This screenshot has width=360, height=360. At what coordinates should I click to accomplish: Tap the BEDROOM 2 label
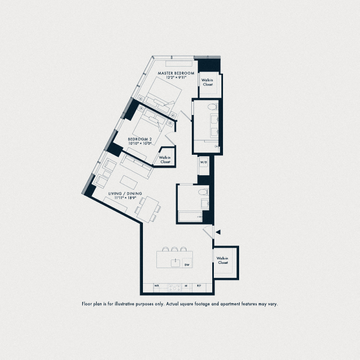pyautogui.click(x=140, y=139)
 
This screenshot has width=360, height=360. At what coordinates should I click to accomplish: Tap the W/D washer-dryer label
pyautogui.click(x=204, y=162)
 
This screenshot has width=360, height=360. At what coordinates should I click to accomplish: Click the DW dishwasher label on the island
pyautogui.click(x=187, y=264)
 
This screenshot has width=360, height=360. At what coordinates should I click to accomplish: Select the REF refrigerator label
pyautogui.click(x=198, y=286)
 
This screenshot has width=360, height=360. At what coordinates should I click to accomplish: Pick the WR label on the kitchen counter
pyautogui.click(x=157, y=286)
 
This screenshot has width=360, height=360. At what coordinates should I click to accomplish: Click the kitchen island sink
pyautogui.click(x=175, y=263)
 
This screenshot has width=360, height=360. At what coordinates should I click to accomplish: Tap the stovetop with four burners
pyautogui.click(x=173, y=286)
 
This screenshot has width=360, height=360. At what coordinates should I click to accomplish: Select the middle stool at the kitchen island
pyautogui.click(x=174, y=249)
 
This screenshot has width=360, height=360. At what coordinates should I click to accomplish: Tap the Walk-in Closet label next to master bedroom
pyautogui.click(x=207, y=82)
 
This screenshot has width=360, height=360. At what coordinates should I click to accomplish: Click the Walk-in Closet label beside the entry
pyautogui.click(x=222, y=261)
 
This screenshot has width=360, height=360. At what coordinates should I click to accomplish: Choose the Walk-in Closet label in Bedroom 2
pyautogui.click(x=165, y=160)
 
